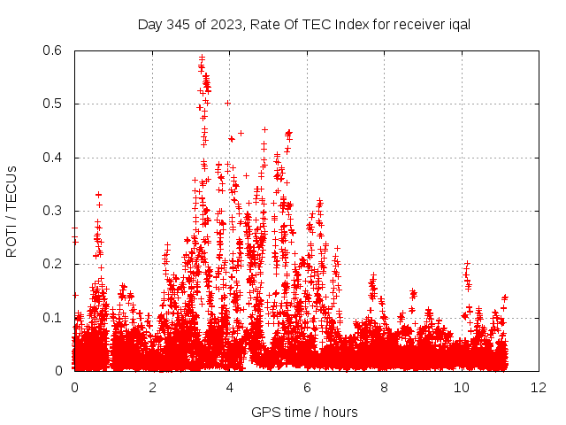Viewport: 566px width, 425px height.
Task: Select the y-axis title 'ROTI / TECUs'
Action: coord(11,210)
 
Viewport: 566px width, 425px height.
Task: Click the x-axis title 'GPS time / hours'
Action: coord(304,412)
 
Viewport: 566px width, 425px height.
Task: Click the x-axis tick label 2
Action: coord(152,388)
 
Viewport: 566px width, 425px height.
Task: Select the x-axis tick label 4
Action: coord(230,388)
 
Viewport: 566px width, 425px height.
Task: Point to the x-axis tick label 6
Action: coord(307,388)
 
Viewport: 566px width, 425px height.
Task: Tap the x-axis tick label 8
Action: coord(385,388)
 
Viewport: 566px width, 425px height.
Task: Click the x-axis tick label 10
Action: coord(462,388)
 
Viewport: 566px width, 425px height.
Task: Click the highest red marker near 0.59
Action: coord(202,58)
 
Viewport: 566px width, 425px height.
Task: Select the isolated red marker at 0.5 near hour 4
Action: coord(227,104)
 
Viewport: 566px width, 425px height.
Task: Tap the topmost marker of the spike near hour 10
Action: coord(467,263)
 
